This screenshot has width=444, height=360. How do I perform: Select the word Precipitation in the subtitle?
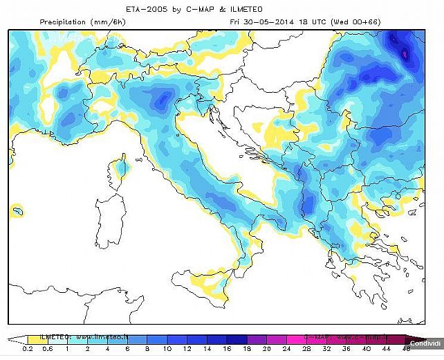pos(64,22)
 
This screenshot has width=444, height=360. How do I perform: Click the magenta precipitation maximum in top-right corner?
pos(405,52)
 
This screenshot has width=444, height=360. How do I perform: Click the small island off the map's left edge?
pos(17,208)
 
